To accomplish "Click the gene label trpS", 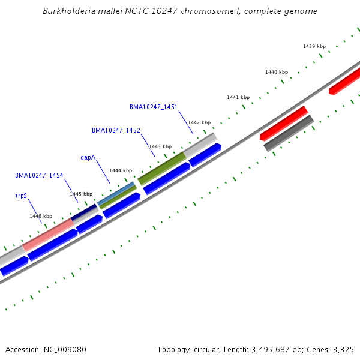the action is (x=21, y=196).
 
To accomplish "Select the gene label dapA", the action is (x=88, y=157).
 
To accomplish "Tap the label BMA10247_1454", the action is (x=39, y=176).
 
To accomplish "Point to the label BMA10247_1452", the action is (x=116, y=130).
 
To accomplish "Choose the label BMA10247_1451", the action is (x=154, y=107).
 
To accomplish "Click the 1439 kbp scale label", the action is (x=314, y=46).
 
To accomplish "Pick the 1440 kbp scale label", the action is (x=277, y=72).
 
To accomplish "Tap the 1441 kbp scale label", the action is (x=238, y=97).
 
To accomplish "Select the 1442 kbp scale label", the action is (x=199, y=122).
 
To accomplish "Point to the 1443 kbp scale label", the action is (x=160, y=146).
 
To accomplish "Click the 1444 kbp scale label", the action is (x=121, y=170).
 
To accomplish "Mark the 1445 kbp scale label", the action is (x=81, y=194).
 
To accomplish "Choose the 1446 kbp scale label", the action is (x=41, y=216).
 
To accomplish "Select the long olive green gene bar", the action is (x=162, y=169).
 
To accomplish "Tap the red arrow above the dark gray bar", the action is (x=284, y=123).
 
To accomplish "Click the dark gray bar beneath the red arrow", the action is (x=289, y=133).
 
